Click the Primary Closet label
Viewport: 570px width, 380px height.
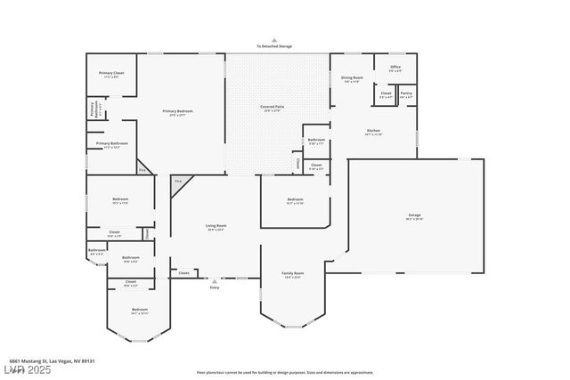click(x=111, y=73)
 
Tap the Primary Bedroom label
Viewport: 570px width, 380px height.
click(x=178, y=110)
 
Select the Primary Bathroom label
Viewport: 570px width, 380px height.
click(x=112, y=143)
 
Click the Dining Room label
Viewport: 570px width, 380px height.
click(x=352, y=77)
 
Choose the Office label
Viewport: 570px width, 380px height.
click(x=395, y=66)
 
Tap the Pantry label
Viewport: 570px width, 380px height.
click(x=406, y=93)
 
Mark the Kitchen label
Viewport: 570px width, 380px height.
click(x=373, y=131)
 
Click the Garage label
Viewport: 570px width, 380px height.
click(x=415, y=215)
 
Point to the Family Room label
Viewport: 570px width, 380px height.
click(x=293, y=273)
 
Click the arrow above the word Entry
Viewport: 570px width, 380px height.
click(x=214, y=281)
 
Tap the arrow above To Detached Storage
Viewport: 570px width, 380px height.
click(x=274, y=40)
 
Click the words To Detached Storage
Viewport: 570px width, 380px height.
click(x=274, y=46)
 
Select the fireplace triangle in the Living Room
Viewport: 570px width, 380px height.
click(x=178, y=182)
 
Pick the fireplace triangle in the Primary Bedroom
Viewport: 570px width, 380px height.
click(x=143, y=169)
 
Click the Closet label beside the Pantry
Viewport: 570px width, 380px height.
click(x=386, y=93)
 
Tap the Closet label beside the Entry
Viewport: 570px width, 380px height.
click(x=183, y=272)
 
